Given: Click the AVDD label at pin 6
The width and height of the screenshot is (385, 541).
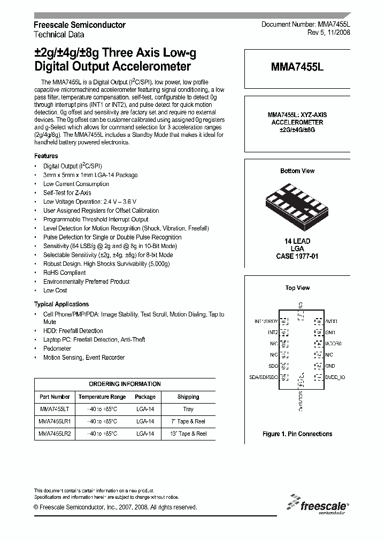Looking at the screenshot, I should (x=332, y=321).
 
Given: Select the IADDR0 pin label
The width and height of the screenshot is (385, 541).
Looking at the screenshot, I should (x=333, y=344).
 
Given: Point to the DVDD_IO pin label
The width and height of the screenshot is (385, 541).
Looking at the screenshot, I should (x=335, y=377).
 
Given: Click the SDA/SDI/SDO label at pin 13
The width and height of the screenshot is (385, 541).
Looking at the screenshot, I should (x=264, y=377).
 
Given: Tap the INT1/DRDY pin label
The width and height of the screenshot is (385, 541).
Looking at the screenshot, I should (x=265, y=321).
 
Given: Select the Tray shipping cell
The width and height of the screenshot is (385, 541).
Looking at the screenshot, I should (x=188, y=409).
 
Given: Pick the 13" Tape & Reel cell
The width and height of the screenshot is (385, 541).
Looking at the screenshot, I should (x=188, y=434).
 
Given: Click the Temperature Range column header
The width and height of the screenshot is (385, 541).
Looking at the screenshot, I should (x=102, y=397).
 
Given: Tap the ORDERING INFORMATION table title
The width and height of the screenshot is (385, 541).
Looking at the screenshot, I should (x=125, y=384).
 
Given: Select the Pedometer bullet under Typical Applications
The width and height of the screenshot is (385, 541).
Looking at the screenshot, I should (x=57, y=348).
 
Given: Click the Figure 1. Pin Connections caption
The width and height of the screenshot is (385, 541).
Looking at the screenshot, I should (x=297, y=434).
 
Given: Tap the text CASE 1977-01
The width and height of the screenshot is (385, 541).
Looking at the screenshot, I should (x=297, y=257).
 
